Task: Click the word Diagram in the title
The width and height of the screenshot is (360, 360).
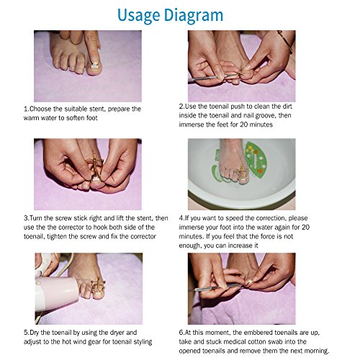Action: [194, 16]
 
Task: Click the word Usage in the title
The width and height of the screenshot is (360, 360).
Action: [138, 16]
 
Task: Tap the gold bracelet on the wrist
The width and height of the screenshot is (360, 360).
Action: [285, 41]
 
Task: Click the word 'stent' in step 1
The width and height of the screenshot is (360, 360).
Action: [97, 109]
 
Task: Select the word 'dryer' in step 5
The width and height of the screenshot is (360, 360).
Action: [117, 333]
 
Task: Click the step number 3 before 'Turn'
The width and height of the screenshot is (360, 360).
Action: [26, 218]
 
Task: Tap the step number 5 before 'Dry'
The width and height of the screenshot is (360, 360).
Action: [26, 333]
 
